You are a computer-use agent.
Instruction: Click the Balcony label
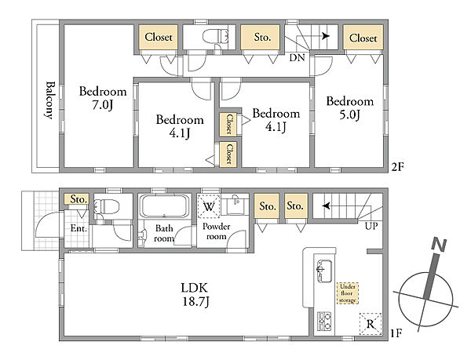[50, 100]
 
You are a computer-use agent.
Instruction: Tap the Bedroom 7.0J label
[103, 98]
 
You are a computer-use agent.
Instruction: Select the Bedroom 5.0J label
[350, 107]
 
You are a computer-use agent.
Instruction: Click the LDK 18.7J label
[195, 295]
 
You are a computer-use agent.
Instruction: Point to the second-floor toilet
[216, 37]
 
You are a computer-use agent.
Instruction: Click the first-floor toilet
[107, 206]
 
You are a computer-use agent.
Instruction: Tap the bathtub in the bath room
[165, 205]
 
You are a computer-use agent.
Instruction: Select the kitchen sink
[324, 271]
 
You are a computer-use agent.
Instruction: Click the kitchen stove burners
[324, 322]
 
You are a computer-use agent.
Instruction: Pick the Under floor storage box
[348, 293]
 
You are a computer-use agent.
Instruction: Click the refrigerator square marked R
[371, 324]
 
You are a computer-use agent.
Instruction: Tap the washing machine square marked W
[209, 206]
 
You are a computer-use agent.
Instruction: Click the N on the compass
[439, 245]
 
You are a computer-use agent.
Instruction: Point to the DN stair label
[297, 57]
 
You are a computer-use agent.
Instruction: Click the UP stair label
[371, 226]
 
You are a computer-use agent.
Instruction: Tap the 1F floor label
[396, 333]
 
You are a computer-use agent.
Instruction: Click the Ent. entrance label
[78, 228]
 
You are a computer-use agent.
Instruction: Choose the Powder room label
[217, 231]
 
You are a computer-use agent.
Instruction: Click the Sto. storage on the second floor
[262, 37]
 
